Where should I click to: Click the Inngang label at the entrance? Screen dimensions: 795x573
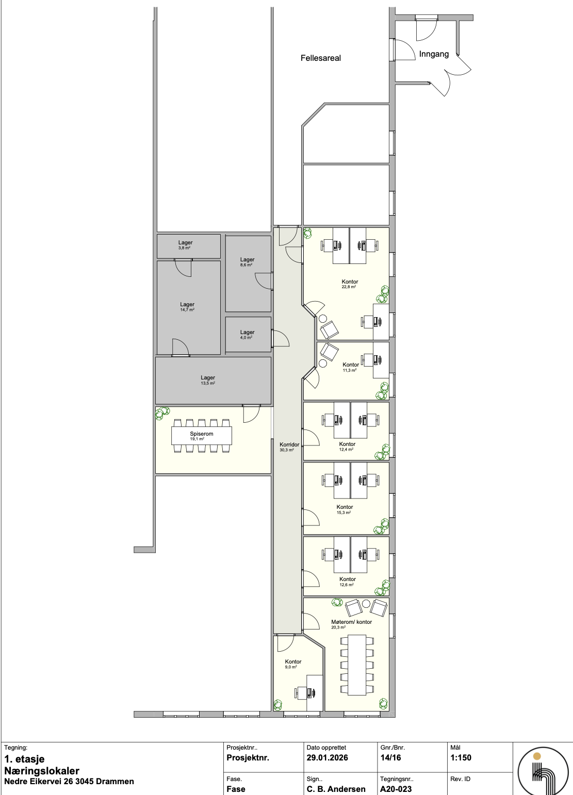(434, 54)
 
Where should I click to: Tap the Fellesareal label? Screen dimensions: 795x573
(321, 58)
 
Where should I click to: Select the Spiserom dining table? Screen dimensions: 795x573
(202, 436)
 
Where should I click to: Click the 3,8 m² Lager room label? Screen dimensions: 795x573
(186, 245)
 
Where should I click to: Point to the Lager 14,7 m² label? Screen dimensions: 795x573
(187, 307)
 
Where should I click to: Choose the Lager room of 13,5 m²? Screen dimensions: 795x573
(208, 380)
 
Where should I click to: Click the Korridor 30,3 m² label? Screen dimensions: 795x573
(286, 446)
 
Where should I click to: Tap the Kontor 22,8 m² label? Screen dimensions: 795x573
(350, 284)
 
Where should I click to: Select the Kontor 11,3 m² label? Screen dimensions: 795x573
(351, 367)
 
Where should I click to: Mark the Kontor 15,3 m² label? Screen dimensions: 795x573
(345, 509)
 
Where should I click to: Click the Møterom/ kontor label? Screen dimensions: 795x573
(351, 624)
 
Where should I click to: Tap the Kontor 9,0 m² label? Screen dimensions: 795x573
(293, 664)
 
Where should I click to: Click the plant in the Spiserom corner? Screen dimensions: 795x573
(163, 412)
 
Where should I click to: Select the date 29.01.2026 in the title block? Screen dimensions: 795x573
(327, 758)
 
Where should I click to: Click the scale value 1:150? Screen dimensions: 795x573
(461, 758)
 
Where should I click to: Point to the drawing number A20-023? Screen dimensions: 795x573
(396, 789)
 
